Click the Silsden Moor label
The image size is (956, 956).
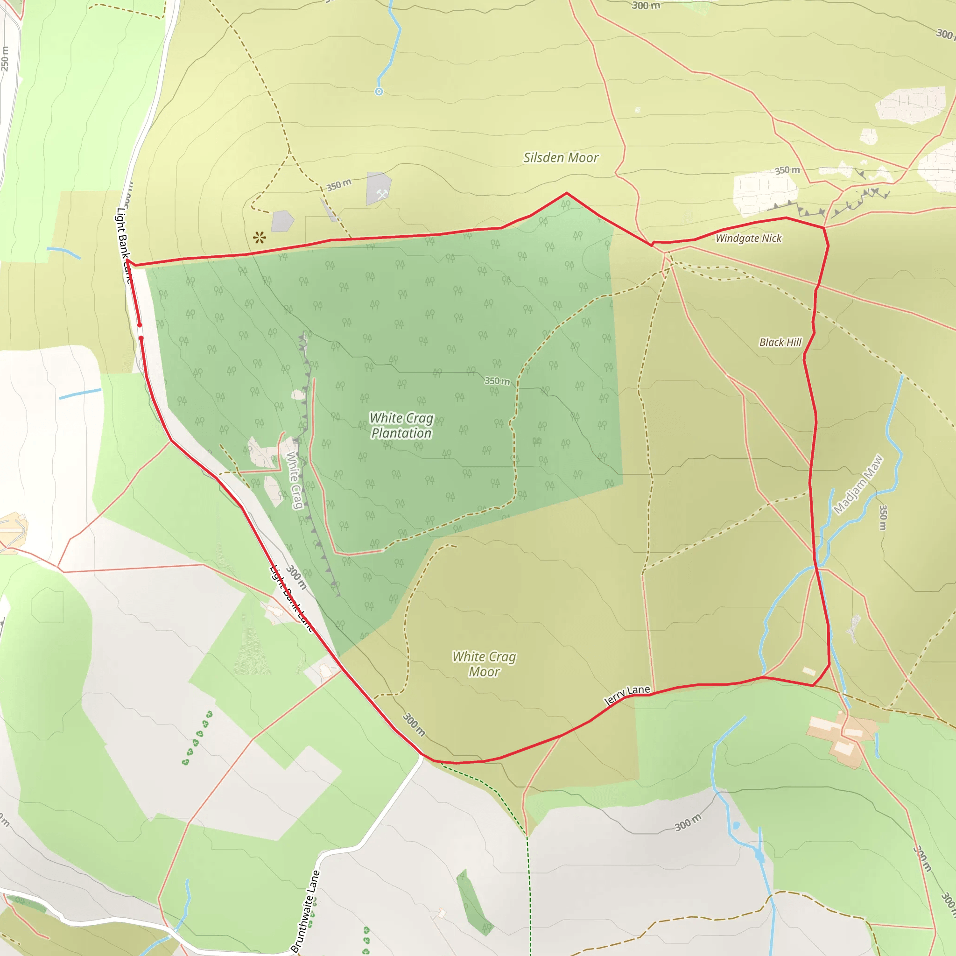(x=561, y=158)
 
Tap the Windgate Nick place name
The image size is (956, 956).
(x=748, y=239)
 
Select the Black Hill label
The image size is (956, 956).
(x=780, y=343)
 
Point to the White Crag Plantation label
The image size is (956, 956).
(x=401, y=426)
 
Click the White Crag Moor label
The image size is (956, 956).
(x=484, y=664)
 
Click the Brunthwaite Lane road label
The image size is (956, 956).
(x=305, y=910)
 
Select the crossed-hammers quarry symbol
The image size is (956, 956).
(x=381, y=195)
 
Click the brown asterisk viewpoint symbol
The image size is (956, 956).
(x=259, y=238)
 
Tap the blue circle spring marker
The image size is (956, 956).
(x=379, y=91)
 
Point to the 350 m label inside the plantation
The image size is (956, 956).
(x=497, y=381)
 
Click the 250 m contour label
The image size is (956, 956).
(x=5, y=58)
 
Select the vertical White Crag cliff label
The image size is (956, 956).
(x=295, y=480)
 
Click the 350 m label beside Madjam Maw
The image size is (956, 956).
(x=883, y=518)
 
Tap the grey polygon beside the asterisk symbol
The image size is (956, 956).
(x=282, y=221)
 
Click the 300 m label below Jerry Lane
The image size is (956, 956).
(x=688, y=822)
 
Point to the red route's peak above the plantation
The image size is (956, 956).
(x=567, y=193)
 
